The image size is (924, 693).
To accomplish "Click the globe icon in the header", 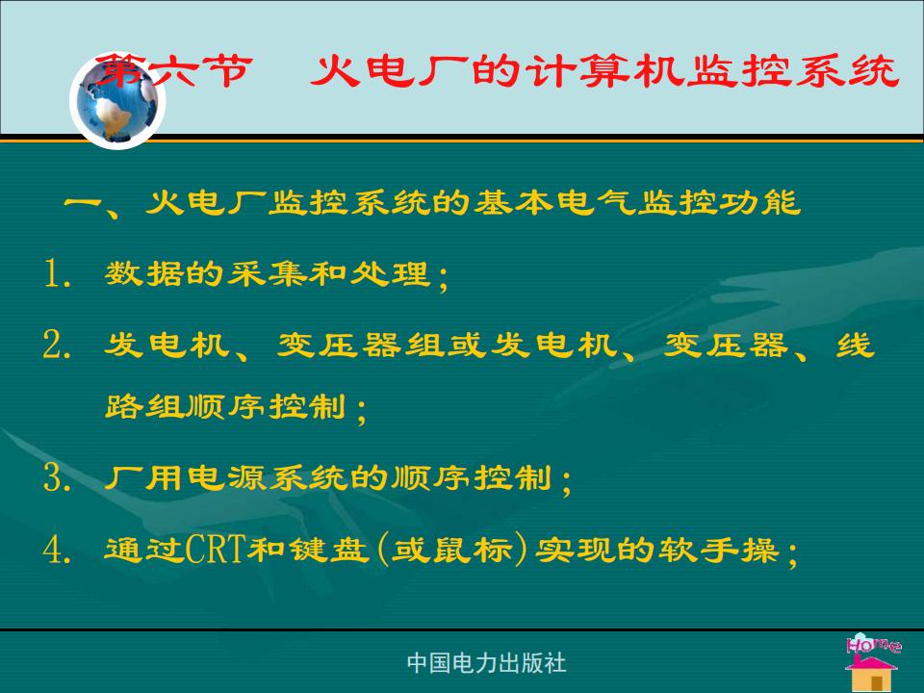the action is (x=117, y=101).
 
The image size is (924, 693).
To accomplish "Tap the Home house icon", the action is (x=873, y=662).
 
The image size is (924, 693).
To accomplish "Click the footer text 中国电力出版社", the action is (x=486, y=663).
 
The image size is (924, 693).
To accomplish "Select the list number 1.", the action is (x=53, y=274).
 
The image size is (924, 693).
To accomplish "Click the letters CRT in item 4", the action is (x=216, y=550).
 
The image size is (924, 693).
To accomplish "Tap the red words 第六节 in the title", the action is (x=174, y=70).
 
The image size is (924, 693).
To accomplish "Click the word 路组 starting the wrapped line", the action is (x=145, y=406).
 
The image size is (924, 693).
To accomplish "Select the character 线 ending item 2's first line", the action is (x=854, y=345).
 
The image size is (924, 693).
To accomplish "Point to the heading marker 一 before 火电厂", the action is (x=83, y=203).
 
